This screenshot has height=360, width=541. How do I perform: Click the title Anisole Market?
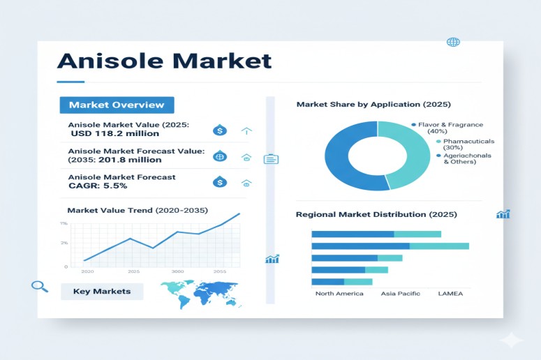click(x=164, y=60)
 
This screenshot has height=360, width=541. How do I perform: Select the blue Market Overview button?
click(x=117, y=105)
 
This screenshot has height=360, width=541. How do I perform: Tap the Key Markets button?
click(x=102, y=291)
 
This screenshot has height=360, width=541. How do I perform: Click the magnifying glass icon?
click(x=40, y=286)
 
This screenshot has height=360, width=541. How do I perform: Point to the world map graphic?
click(x=199, y=292)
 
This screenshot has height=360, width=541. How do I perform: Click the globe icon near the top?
click(x=453, y=42)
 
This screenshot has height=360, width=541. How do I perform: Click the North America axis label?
click(x=339, y=294)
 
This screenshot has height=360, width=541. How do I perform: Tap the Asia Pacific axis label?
click(x=401, y=294)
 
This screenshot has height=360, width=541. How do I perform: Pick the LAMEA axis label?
click(x=450, y=294)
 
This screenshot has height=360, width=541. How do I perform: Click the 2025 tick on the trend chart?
click(x=133, y=271)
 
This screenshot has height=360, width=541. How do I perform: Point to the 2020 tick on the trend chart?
click(x=88, y=271)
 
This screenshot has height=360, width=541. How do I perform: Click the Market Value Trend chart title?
click(x=138, y=210)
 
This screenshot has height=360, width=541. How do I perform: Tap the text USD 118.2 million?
click(x=114, y=133)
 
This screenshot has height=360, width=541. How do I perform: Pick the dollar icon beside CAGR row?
click(x=219, y=182)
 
